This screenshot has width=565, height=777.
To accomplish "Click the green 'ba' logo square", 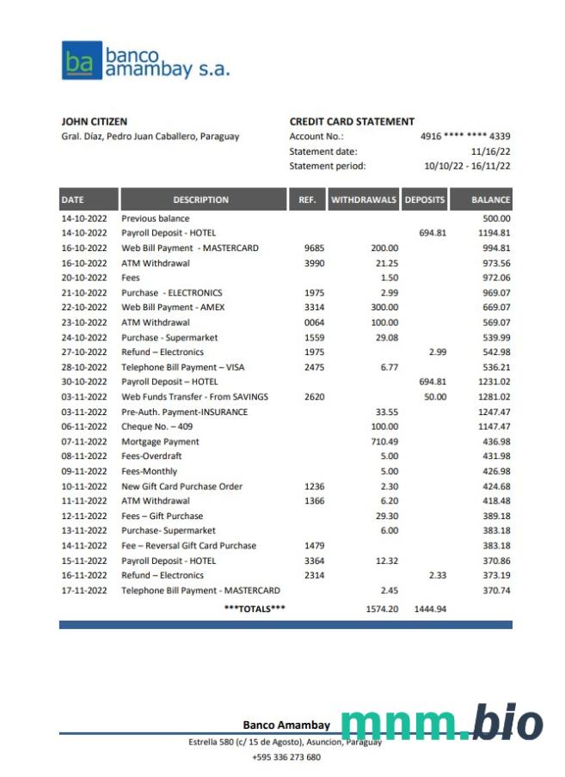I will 81,61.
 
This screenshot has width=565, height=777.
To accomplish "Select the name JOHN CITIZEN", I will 95,122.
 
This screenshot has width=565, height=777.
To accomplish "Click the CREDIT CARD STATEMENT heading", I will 352,122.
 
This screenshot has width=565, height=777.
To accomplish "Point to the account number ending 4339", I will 465,137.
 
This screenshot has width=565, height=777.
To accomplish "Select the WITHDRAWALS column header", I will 364,199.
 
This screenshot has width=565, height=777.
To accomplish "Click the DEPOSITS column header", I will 425,199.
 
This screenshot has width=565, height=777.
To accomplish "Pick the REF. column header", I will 307,199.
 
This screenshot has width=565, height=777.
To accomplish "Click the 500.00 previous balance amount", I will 496,218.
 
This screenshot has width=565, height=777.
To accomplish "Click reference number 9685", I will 314,248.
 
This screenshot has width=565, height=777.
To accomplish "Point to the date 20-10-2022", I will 84,278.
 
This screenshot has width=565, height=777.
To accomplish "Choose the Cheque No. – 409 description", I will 157,426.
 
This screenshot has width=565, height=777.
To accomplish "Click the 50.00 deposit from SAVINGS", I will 435,397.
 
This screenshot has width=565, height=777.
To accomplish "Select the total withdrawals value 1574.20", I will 382,609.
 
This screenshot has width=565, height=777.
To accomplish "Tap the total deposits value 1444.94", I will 430,609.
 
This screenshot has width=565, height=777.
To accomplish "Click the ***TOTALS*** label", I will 255,609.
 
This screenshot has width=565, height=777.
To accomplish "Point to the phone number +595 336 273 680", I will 286,757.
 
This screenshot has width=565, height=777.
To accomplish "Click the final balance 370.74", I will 496,590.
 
